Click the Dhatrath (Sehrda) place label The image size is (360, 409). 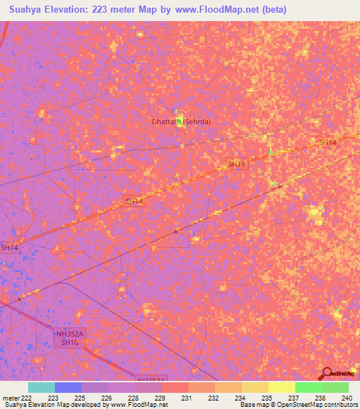click(x=181, y=122)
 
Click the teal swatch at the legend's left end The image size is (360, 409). click(x=41, y=387)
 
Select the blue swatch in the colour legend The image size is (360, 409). click(x=68, y=387)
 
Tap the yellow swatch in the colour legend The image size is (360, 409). click(x=281, y=387)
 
